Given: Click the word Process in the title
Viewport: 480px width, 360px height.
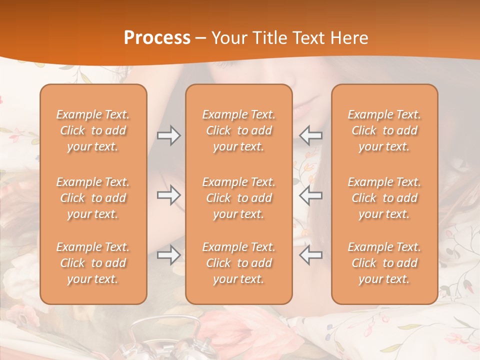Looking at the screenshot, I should [157, 38].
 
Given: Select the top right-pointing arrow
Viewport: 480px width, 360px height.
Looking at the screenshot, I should [169, 135].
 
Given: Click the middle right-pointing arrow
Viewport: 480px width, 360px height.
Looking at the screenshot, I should [169, 195].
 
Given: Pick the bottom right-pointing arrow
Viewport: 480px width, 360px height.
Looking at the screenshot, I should [169, 255].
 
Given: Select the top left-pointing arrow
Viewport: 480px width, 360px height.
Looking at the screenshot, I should [311, 135].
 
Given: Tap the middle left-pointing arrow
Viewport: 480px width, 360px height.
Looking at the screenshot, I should [311, 195].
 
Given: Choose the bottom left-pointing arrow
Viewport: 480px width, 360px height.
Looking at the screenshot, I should [311, 255].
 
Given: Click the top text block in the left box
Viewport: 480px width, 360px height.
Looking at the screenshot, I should [93, 130].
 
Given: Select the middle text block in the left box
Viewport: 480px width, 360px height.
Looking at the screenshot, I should [93, 198].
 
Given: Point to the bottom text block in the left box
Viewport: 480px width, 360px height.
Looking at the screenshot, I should [93, 263].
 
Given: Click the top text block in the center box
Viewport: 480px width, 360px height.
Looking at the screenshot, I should [238, 130].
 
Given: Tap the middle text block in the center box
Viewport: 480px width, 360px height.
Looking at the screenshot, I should [238, 198].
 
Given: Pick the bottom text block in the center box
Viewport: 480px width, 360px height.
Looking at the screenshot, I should [238, 263].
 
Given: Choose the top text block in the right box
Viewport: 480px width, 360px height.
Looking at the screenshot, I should [384, 130].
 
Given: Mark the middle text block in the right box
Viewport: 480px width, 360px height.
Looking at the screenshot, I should [384, 198].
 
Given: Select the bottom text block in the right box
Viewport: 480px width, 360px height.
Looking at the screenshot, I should [384, 263].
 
